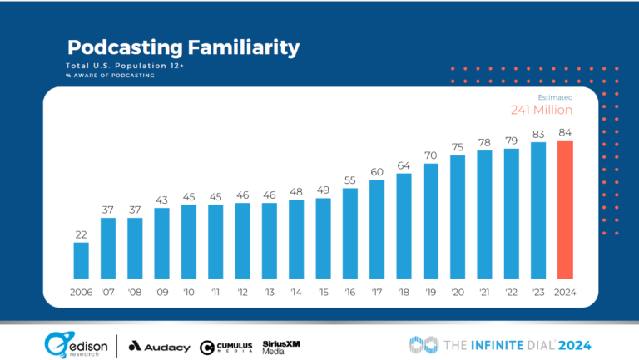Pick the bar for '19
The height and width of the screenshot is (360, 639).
tap(431, 220)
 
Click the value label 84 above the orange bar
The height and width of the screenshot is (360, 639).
tap(565, 132)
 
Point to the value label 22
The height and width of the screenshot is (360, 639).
tap(81, 234)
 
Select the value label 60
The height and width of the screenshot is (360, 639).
tap(377, 172)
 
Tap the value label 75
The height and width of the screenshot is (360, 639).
tap(458, 147)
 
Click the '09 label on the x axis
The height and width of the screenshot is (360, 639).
tap(161, 292)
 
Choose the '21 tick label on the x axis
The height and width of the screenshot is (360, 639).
tap(484, 292)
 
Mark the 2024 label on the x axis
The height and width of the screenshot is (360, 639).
tap(565, 292)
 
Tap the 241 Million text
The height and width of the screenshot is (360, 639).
tap(541, 110)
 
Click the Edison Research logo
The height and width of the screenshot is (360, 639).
tap(76, 343)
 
